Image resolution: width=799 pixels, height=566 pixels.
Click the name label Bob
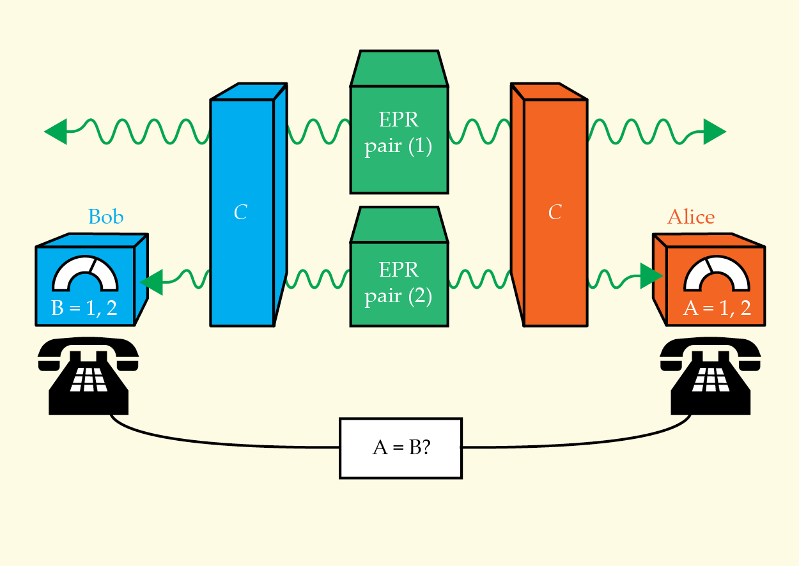[106, 217]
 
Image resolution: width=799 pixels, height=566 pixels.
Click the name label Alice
[690, 217]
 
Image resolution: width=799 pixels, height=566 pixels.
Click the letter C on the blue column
[240, 213]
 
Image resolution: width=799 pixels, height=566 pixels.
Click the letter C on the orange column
[555, 213]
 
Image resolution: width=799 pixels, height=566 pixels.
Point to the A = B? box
[400, 448]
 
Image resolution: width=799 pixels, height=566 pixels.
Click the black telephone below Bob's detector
[88, 377]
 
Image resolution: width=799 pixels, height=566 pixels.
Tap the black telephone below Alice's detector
[710, 377]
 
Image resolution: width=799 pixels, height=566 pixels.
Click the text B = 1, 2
[84, 309]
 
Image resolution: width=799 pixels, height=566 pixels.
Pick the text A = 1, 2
[717, 309]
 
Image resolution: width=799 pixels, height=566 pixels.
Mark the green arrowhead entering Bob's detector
[151, 282]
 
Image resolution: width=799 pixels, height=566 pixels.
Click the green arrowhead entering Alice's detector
[651, 276]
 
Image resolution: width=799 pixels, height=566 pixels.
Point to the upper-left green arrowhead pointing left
[56, 132]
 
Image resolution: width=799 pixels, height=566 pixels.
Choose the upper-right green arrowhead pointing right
[714, 132]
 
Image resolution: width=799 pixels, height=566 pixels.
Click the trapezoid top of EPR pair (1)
[399, 68]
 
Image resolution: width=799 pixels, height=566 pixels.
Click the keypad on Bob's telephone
[88, 378]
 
